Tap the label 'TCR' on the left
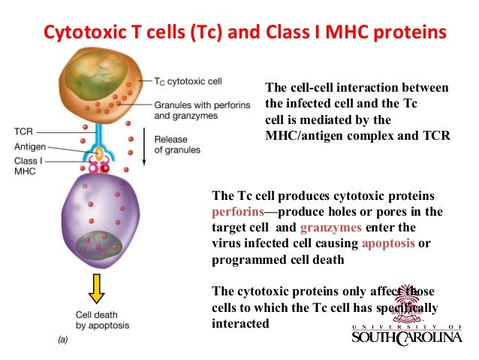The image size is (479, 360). pyautogui.click(x=23, y=131)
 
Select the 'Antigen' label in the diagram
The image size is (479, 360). pyautogui.click(x=29, y=147)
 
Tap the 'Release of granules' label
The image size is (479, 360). pyautogui.click(x=177, y=144)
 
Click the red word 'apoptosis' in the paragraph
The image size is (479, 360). pyautogui.click(x=389, y=244)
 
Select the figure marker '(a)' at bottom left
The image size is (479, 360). pyautogui.click(x=66, y=340)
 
